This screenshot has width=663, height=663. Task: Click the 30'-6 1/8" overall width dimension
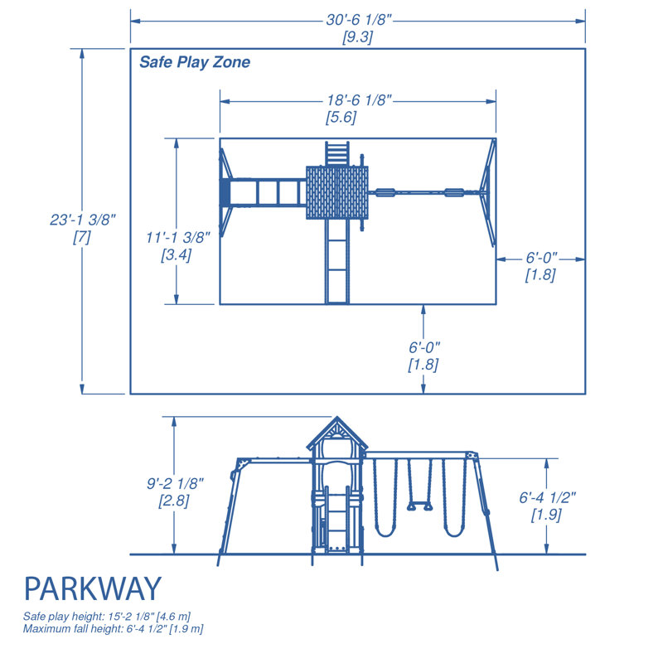357,19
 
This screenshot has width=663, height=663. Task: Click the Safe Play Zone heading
194,62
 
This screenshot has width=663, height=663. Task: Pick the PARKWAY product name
92,589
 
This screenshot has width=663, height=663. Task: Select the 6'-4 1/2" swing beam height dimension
547,497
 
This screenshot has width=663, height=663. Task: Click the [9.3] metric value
357,37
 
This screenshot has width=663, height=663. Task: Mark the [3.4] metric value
176,255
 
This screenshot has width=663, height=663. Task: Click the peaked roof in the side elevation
336,434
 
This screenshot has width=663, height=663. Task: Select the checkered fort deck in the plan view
336,192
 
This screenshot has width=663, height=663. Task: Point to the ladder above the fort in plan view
336,153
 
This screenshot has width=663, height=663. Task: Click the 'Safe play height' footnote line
108,617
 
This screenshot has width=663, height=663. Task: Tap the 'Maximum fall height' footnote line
114,629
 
